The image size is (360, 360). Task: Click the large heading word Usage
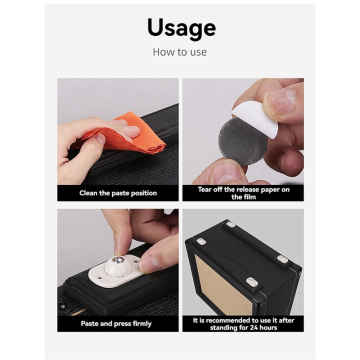click(x=181, y=28)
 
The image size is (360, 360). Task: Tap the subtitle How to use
click(x=180, y=52)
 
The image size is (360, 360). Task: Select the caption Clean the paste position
click(x=118, y=193)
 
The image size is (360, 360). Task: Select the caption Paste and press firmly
click(x=116, y=323)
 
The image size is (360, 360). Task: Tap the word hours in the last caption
click(x=268, y=327)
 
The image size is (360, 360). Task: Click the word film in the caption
click(x=249, y=197)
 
